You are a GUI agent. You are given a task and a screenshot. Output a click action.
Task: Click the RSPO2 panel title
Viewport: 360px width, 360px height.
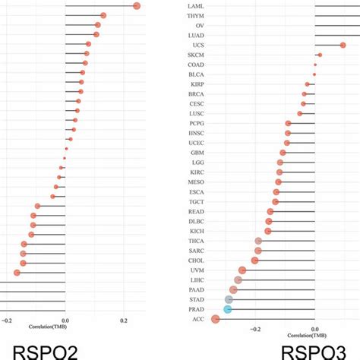click(40, 351)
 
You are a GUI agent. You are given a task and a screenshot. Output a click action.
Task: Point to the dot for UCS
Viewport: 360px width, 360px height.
click(343, 46)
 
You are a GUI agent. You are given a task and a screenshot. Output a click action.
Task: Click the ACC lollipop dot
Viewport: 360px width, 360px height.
click(216, 319)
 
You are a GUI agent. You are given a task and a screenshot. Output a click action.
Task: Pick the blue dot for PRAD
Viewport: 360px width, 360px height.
click(227, 309)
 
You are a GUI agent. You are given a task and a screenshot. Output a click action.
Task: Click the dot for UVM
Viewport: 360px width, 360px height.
click(242, 270)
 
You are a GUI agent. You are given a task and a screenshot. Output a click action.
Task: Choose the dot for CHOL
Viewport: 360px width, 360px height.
click(254, 261)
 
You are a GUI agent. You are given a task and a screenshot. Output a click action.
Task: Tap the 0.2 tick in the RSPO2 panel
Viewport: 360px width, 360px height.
click(125, 321)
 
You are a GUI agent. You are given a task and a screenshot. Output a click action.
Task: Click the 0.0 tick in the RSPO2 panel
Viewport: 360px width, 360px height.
click(65, 321)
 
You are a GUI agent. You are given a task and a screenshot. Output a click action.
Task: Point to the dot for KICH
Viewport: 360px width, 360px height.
click(268, 231)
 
